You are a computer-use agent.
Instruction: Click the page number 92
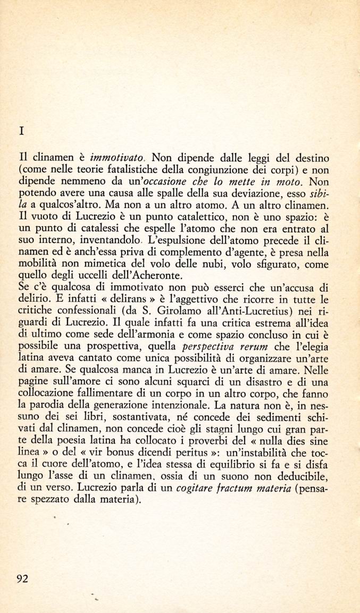coord(21,579)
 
